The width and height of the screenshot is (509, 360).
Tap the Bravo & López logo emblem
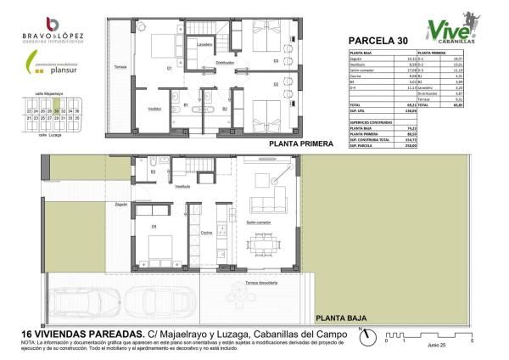[53, 23]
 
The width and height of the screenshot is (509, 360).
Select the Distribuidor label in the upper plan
[224, 63]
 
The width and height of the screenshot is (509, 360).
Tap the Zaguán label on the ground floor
[121, 205]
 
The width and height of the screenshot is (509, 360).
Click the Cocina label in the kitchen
[205, 232]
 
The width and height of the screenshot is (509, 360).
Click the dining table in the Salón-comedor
[267, 244]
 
